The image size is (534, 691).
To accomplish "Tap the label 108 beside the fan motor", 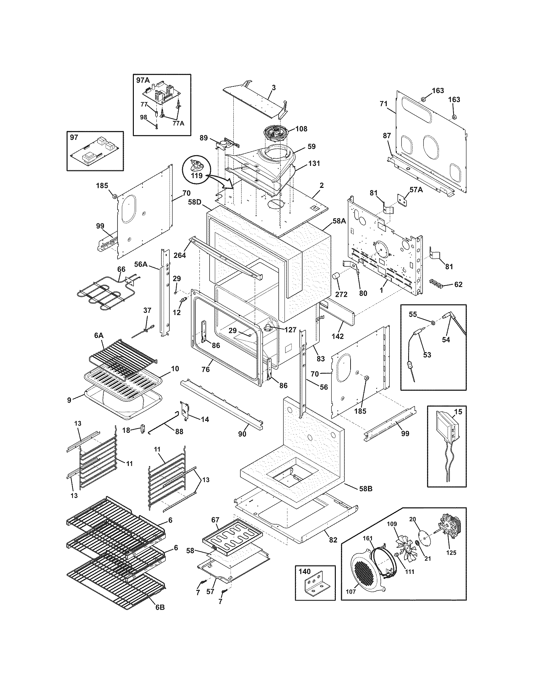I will click(x=301, y=129).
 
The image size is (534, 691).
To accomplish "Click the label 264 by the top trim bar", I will click(x=179, y=255).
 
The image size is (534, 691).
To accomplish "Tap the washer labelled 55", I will click(x=432, y=323).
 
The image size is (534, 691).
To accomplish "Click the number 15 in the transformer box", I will click(x=458, y=412).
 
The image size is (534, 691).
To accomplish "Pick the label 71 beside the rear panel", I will click(x=384, y=103).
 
